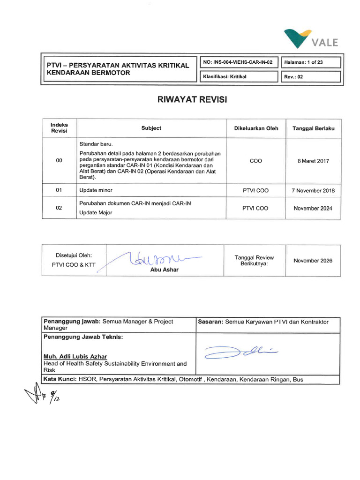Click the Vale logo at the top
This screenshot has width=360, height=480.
coord(311,39)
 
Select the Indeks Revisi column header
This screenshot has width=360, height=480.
coord(59,128)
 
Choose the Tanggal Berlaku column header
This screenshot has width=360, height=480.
coord(313,128)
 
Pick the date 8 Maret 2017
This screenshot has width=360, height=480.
coord(313,161)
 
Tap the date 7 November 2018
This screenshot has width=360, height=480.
coord(313,190)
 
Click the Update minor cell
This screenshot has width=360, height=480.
coord(96,190)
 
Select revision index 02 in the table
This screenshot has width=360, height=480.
coord(59,208)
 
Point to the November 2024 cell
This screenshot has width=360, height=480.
coord(313,208)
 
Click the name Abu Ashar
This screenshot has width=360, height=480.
coord(164,270)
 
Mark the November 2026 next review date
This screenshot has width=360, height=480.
coord(313,261)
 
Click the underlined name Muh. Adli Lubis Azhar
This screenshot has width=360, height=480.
coord(75,356)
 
